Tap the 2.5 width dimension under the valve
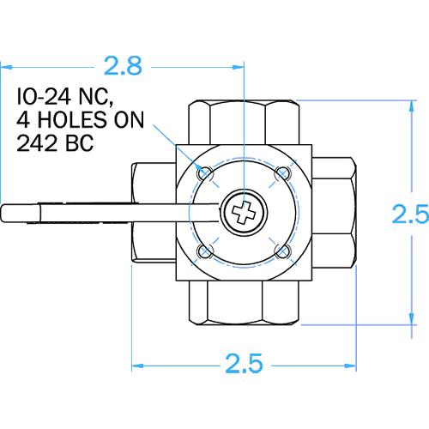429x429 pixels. tap(244, 363)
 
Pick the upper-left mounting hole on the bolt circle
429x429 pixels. tap(204, 173)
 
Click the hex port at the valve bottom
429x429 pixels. tap(244, 305)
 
